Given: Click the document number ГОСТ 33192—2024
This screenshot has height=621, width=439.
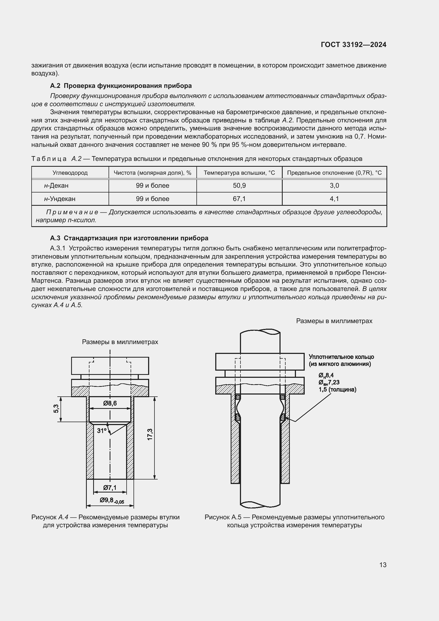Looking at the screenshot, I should [353, 45].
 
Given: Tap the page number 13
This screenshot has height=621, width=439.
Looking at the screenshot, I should [383, 565].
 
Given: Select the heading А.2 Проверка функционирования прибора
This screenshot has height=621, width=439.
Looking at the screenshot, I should [121, 86].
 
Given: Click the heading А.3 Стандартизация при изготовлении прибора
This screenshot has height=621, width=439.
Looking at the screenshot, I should [129, 238].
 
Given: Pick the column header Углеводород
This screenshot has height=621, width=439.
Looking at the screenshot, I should [70, 173].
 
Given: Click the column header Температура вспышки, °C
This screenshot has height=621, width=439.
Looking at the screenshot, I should [239, 173].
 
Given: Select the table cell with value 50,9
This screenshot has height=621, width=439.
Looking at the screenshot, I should [239, 186].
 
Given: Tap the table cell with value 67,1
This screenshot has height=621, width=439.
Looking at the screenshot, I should [239, 199].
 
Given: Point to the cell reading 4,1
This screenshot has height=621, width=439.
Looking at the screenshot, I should [334, 199].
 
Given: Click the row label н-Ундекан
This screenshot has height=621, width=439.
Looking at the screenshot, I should [60, 199].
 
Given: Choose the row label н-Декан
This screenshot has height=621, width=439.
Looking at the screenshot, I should [56, 186].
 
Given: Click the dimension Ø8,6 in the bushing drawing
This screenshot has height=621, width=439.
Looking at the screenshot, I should [110, 403].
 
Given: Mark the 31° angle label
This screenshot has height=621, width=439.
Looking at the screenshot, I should [102, 431].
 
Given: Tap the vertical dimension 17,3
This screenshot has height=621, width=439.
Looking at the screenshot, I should [150, 434].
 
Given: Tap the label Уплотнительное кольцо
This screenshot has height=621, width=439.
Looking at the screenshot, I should [341, 357].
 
